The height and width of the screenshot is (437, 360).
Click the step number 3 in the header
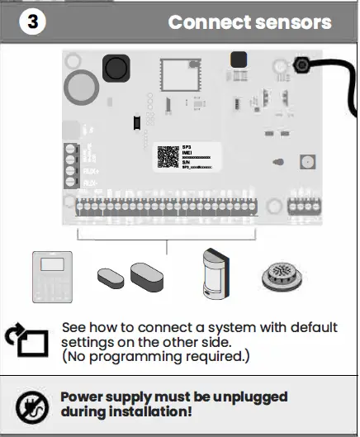31,21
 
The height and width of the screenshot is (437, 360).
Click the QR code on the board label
169,157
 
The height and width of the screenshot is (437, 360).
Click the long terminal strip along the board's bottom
174,207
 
